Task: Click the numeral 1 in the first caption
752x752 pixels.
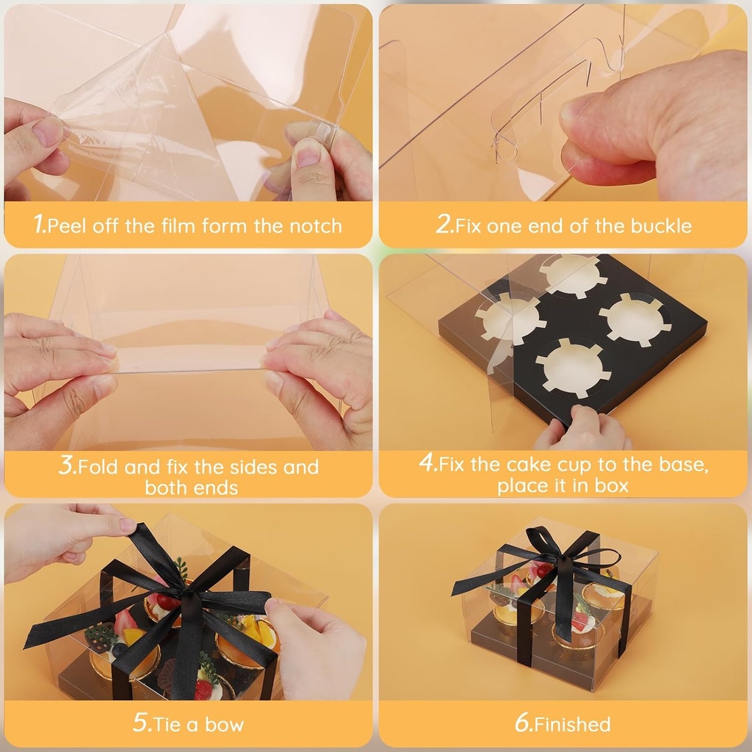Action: (x=39, y=224)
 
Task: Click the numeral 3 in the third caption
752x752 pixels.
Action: (x=67, y=465)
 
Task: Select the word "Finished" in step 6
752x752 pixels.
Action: (x=573, y=724)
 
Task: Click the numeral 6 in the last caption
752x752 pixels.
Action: (x=523, y=723)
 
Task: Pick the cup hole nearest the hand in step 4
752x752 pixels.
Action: (x=574, y=368)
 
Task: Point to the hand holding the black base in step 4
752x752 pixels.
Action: (x=582, y=429)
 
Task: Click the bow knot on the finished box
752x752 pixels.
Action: (x=557, y=557)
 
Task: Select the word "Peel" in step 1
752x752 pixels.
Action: (x=67, y=225)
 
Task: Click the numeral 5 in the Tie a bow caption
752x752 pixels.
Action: (x=141, y=723)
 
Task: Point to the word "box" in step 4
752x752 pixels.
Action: (x=612, y=486)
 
